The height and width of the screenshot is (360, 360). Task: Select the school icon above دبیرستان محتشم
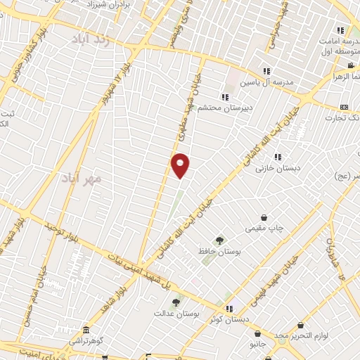point(224,97)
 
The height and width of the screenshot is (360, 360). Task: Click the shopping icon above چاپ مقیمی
point(264,217)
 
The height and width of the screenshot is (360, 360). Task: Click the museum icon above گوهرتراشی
point(86,330)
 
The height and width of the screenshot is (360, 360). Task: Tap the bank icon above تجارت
point(343,106)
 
